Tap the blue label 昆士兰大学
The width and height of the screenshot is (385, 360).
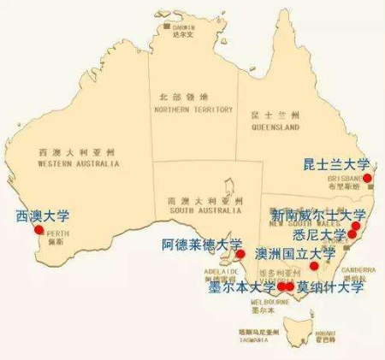(x=337, y=163)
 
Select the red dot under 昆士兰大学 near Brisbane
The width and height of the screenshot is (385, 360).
(x=367, y=178)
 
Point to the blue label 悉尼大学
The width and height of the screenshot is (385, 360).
(x=319, y=234)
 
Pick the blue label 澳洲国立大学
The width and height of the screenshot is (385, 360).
(x=296, y=254)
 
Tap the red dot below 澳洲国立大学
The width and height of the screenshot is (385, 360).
(x=314, y=266)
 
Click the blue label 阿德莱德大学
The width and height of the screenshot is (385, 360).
(x=203, y=245)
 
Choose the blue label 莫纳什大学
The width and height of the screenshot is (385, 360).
(x=329, y=286)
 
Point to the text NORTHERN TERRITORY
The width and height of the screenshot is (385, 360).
(x=193, y=110)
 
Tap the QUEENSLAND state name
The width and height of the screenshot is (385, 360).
(x=275, y=127)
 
